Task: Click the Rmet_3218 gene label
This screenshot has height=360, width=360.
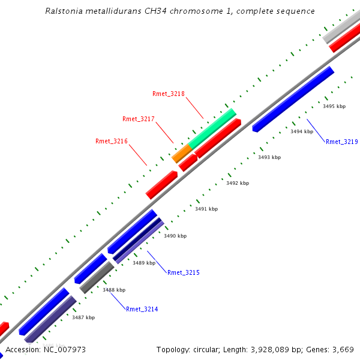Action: (169, 94)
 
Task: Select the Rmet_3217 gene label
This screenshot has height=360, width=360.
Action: (139, 119)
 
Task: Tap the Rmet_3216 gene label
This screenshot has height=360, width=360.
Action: (112, 142)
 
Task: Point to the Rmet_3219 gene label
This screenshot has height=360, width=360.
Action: (342, 142)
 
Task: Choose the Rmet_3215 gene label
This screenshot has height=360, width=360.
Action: (184, 272)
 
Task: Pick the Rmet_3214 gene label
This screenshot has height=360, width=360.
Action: (142, 309)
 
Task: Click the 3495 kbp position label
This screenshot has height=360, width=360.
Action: (334, 106)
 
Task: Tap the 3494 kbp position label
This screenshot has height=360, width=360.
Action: (302, 131)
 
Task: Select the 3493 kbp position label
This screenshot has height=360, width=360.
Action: (269, 157)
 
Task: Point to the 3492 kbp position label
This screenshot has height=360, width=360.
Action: (238, 183)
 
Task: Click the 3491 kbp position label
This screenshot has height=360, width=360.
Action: (206, 209)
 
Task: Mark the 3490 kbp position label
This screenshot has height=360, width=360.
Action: (175, 236)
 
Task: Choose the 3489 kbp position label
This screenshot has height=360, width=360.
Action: (144, 263)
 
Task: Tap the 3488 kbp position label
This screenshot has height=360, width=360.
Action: (114, 290)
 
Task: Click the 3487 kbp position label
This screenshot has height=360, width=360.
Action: (83, 317)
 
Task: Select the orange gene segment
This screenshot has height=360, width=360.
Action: (181, 153)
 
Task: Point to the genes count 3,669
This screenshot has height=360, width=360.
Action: (344, 349)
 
